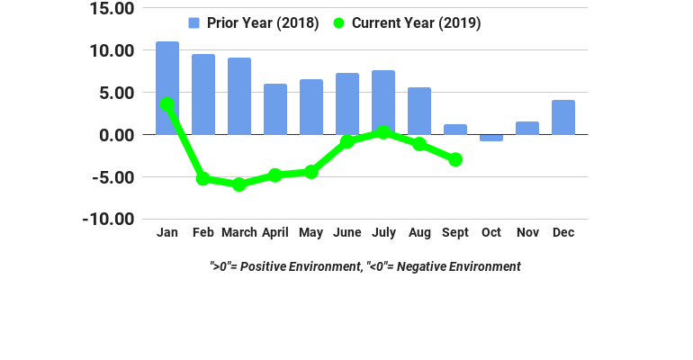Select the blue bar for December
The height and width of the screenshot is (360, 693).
(x=563, y=117)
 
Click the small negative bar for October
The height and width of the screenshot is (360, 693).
(x=491, y=138)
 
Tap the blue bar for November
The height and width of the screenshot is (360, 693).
(x=527, y=128)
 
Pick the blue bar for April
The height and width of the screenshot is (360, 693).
(x=275, y=109)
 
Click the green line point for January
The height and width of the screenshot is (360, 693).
(x=167, y=104)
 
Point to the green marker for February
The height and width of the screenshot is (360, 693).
(x=203, y=179)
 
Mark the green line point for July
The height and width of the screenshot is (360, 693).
(x=383, y=132)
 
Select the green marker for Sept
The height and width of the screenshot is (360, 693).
(x=455, y=159)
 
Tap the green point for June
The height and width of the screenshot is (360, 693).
(x=347, y=141)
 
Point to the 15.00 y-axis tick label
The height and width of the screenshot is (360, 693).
(x=112, y=9)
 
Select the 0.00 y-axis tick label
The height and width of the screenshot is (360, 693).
(x=116, y=135)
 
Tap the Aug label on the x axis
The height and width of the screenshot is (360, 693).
(x=419, y=232)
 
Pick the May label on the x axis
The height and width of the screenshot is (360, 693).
(x=311, y=232)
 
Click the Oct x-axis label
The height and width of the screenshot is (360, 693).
(x=491, y=232)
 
